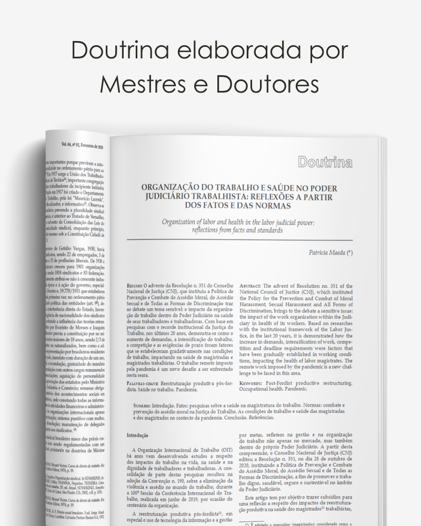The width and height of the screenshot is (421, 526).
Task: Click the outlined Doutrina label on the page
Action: pyautogui.click(x=325, y=162)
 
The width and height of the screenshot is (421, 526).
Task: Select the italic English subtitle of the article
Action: pyautogui.click(x=238, y=226)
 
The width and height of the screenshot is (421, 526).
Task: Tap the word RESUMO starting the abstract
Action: pyautogui.click(x=134, y=286)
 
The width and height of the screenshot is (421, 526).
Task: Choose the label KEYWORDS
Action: pyautogui.click(x=254, y=383)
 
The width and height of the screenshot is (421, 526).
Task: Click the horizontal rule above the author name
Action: pyautogui.click(x=239, y=240)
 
